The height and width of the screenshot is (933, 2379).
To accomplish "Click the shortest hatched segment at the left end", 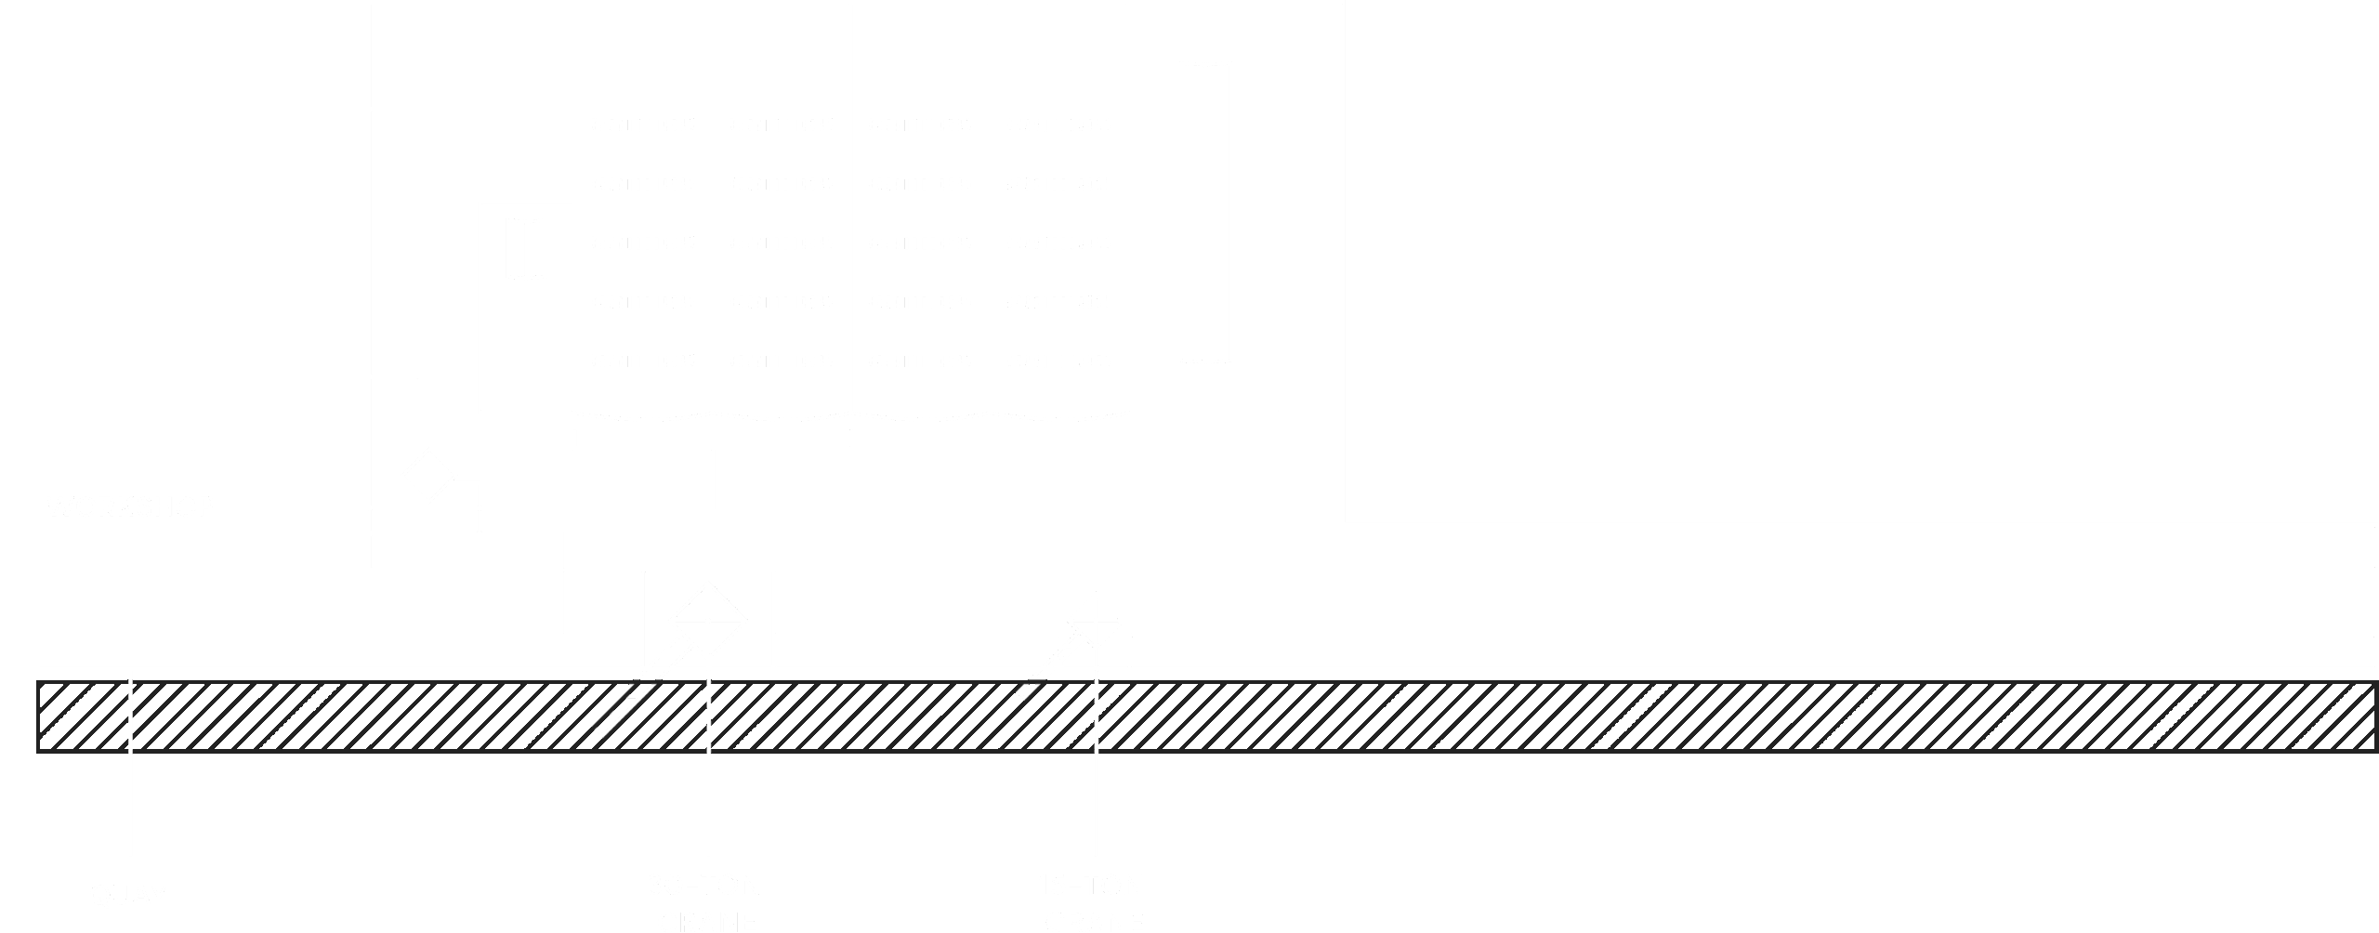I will [x=82, y=716].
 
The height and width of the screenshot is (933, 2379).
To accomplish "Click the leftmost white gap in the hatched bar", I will [x=130, y=716].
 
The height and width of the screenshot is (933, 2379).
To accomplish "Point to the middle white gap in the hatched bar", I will [x=709, y=716].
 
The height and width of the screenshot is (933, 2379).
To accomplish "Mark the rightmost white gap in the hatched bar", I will [x=1097, y=716].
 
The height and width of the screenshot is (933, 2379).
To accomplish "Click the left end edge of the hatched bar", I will [x=38, y=716].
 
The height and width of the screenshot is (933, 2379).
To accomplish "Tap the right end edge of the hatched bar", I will [x=2376, y=716].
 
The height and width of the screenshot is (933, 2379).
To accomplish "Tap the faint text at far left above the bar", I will [x=125, y=506].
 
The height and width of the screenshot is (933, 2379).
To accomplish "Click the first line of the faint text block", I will [x=855, y=124].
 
